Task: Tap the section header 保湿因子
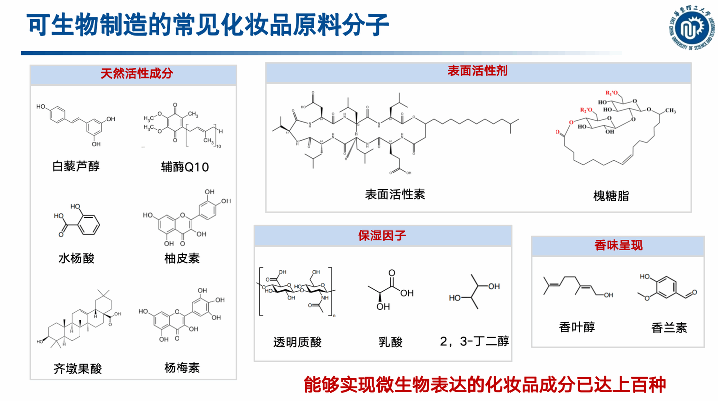[x=382, y=235]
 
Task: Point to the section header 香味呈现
[x=618, y=246]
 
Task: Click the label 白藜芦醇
[x=76, y=166]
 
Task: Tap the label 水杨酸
[x=76, y=258]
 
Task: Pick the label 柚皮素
[x=181, y=258]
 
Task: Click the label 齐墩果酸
[x=77, y=369]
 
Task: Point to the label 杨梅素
[x=181, y=368]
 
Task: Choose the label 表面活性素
[x=395, y=194]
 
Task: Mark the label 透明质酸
[x=297, y=342]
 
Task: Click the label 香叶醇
[x=577, y=327]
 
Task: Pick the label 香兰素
[x=669, y=328]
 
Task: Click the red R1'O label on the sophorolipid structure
[x=611, y=93]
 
